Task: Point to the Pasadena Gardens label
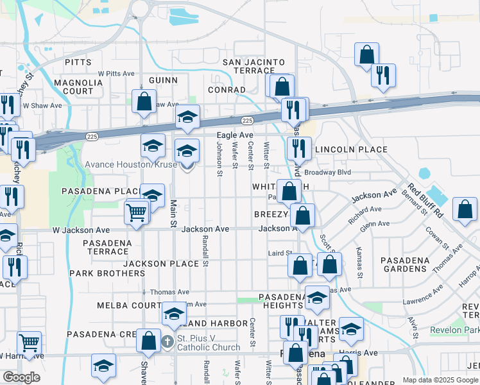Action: coord(404,264)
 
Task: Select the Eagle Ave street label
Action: coord(235,135)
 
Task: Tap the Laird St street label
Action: coord(280,253)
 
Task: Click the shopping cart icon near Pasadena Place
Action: coord(136,211)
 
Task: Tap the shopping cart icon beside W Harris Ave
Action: coord(29,343)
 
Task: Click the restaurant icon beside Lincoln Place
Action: coord(299,148)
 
